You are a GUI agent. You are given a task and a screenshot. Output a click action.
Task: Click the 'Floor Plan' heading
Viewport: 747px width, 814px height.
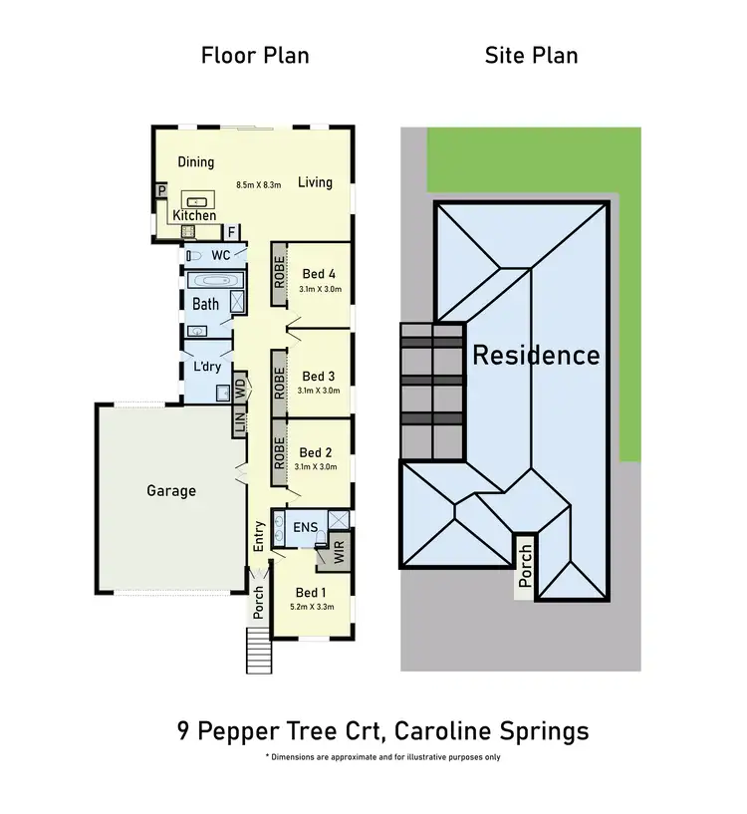pos(255,55)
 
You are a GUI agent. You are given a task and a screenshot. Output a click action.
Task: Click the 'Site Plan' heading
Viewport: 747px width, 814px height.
pos(531,55)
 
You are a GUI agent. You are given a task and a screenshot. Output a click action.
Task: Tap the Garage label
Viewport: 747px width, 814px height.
pos(171,490)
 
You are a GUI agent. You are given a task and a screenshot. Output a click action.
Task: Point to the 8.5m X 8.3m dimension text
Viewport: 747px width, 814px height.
pos(259,184)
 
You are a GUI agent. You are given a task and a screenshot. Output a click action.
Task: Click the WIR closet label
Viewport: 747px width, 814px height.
pos(340,555)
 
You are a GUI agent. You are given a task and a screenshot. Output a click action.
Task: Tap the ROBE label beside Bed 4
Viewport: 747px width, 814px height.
pos(280,272)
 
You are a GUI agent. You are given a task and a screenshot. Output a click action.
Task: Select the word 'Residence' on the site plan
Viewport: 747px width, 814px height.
pos(536,355)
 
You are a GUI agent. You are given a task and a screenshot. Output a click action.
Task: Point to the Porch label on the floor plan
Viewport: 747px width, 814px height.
pos(259,602)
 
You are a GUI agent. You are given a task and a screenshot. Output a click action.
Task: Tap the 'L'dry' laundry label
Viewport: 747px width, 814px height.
pos(207,367)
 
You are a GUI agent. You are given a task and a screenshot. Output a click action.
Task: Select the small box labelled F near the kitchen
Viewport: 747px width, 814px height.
pos(231,233)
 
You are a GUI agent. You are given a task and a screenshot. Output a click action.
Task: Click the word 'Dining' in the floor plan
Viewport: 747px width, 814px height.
pos(196,161)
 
